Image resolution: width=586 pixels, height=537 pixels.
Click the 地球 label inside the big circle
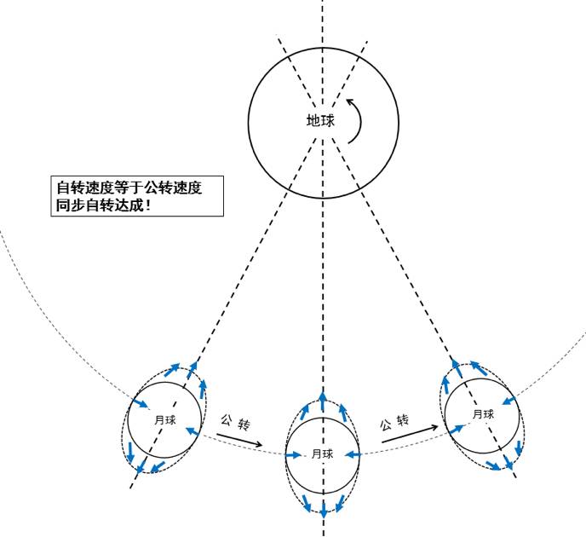point(320,121)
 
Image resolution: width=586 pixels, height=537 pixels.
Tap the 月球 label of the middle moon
point(322,453)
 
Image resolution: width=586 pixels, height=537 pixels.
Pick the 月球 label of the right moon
point(483,414)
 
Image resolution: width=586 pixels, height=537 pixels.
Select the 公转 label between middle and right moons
point(395,422)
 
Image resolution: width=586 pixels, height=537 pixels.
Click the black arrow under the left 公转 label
point(239,441)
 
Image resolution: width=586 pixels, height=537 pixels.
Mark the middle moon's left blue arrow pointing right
point(296,453)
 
